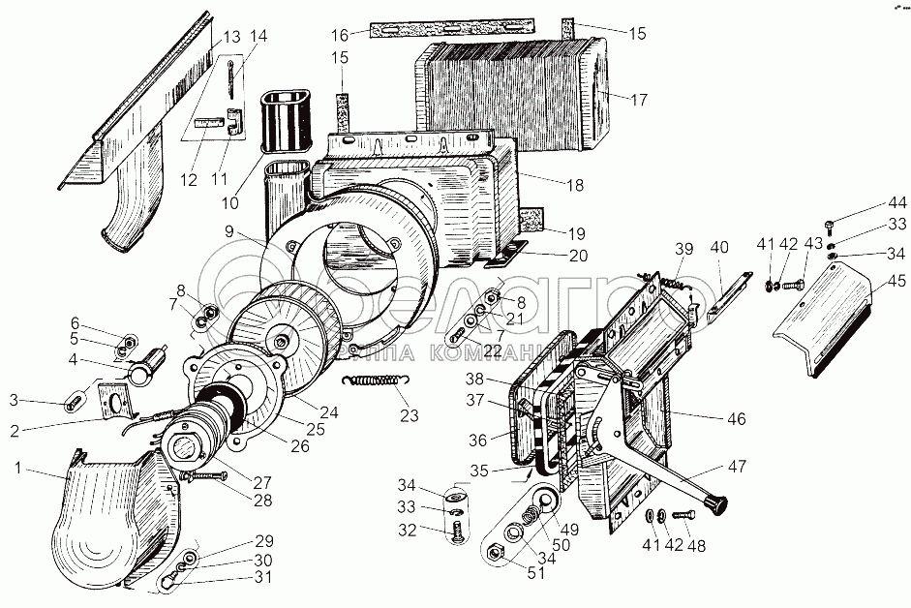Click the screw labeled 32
[457, 529]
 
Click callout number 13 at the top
[231, 38]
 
